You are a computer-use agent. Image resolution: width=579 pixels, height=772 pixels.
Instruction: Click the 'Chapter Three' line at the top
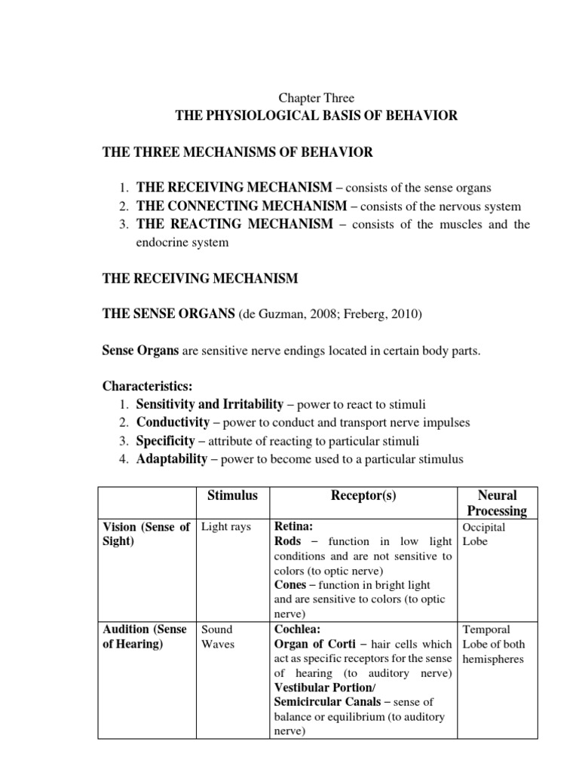[316, 98]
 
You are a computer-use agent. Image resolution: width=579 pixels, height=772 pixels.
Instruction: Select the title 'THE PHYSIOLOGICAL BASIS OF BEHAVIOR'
[316, 115]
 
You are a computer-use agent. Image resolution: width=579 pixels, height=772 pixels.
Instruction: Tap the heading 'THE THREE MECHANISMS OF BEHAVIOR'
[237, 152]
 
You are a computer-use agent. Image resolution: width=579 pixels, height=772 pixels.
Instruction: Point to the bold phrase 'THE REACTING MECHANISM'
[234, 224]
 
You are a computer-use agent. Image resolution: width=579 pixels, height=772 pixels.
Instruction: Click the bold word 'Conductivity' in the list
[173, 422]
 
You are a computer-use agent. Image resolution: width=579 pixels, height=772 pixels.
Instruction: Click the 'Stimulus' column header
[232, 495]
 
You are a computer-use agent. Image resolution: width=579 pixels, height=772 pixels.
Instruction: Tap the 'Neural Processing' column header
[497, 503]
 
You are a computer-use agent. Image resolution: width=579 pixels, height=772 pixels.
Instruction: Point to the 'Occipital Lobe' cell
[486, 535]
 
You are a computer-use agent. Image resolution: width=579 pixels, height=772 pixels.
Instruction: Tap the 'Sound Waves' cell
[217, 636]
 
